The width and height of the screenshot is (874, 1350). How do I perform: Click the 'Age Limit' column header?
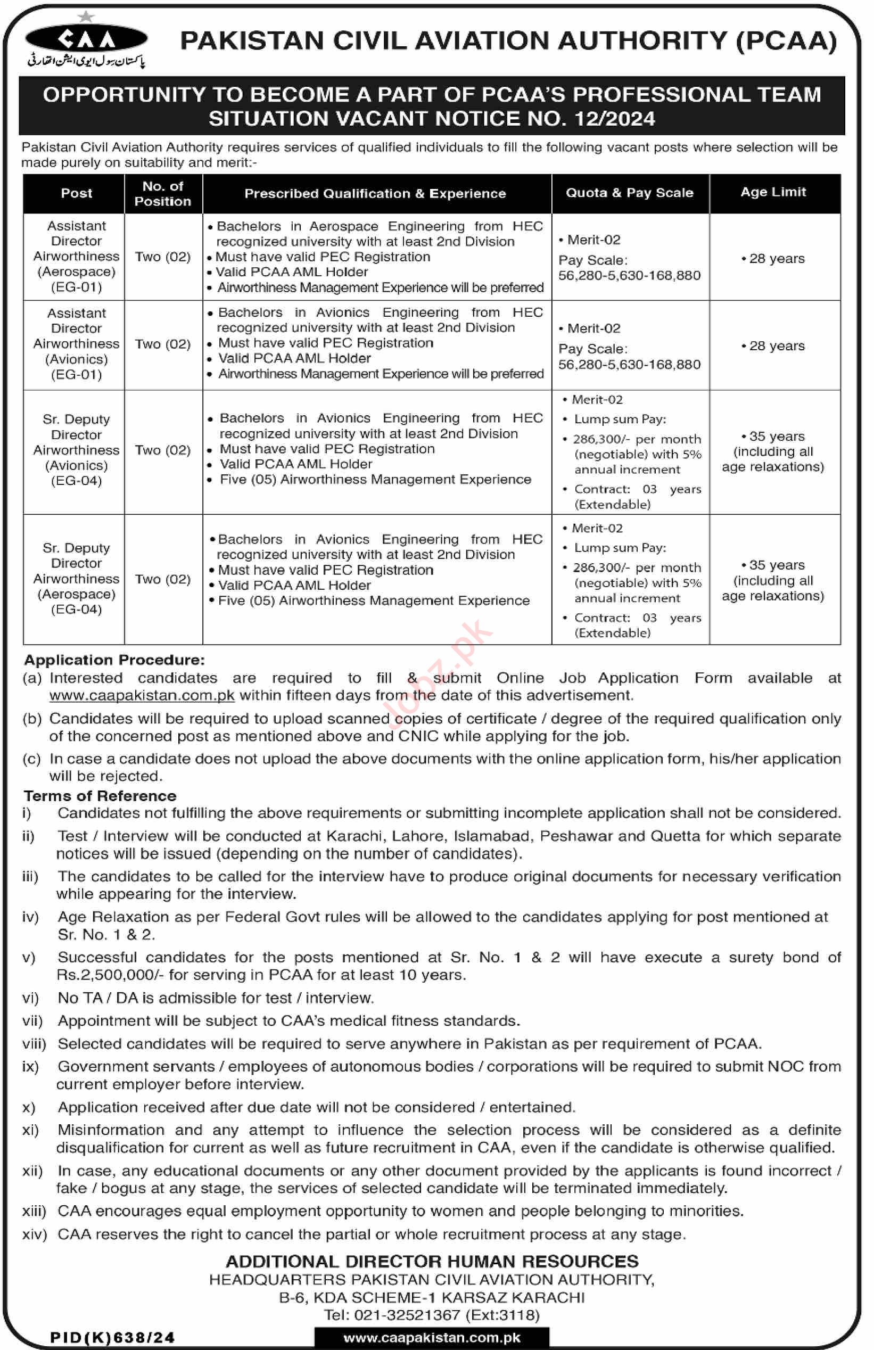773,192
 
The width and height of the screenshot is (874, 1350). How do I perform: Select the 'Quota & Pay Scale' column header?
630,193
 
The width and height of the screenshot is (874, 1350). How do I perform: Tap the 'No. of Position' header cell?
163,193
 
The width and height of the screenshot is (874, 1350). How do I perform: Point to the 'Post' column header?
76,193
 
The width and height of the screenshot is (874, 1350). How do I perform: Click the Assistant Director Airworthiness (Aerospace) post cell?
76,257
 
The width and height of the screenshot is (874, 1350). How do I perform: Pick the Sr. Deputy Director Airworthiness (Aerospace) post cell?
76,579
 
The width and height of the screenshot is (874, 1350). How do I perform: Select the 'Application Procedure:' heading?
114,660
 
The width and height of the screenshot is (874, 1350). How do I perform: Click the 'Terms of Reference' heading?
100,796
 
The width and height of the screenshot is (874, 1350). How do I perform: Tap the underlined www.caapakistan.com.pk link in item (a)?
142,695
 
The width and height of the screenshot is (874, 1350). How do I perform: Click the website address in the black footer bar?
432,1338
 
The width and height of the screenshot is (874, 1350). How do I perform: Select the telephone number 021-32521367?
407,1315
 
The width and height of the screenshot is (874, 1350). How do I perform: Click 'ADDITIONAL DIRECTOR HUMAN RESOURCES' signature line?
432,1262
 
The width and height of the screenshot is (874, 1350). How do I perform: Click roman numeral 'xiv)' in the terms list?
34,1234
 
